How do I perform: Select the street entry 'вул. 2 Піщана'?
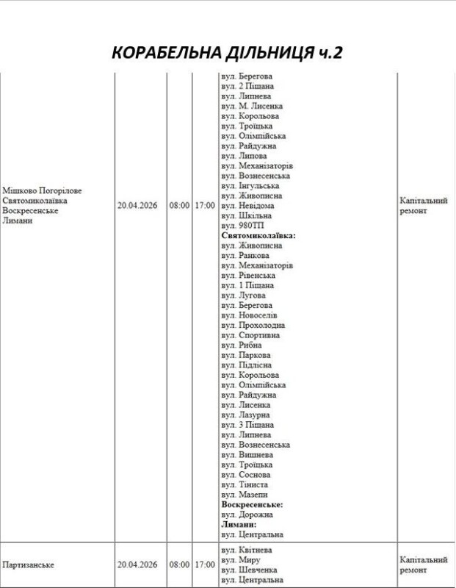(x=247, y=86)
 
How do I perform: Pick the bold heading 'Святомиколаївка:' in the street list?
(x=258, y=236)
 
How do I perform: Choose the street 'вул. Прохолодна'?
(x=253, y=326)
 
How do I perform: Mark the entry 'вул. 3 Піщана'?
(x=247, y=425)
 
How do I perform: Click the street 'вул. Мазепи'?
(x=245, y=495)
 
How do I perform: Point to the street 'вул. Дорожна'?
(x=247, y=514)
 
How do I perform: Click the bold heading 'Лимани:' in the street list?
(x=239, y=525)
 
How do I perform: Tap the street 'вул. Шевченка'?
(x=249, y=570)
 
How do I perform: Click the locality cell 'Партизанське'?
(x=29, y=564)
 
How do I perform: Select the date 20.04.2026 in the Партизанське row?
(x=138, y=564)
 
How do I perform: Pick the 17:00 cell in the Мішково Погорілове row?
(x=205, y=206)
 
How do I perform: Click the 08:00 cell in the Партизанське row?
(x=179, y=564)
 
